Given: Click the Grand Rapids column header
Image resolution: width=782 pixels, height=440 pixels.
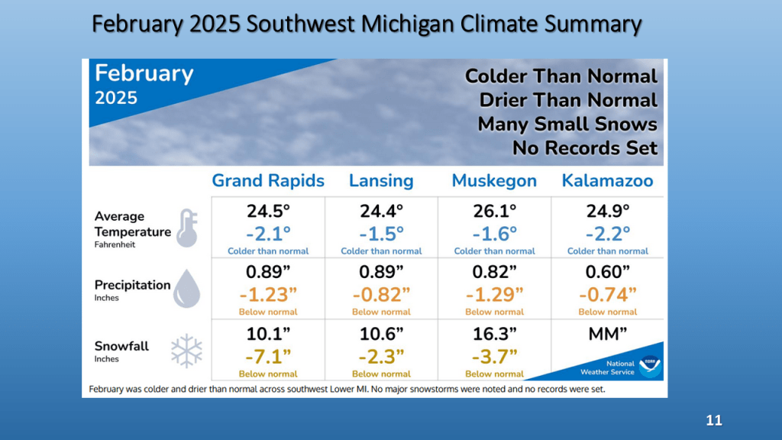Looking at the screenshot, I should [x=268, y=181].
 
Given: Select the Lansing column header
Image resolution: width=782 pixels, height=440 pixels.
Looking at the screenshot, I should [x=381, y=181].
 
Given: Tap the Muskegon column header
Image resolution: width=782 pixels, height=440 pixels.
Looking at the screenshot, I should [x=494, y=181].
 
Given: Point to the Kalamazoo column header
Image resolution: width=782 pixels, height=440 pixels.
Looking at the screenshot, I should [x=607, y=181].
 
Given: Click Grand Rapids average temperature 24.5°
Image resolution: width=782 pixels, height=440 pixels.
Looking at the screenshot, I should [x=268, y=211].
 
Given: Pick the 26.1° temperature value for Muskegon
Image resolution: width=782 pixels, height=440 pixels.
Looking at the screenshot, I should [x=494, y=211].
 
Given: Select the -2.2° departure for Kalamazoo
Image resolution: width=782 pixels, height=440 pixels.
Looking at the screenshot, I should [x=607, y=232].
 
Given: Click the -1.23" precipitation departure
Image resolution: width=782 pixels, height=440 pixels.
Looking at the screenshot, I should [x=268, y=294].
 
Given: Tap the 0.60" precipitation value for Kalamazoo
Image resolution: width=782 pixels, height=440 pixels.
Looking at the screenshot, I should [x=607, y=272].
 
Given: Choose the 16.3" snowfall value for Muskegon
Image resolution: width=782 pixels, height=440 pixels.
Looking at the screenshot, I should [x=494, y=335].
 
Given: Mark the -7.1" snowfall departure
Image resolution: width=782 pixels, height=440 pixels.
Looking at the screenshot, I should [x=268, y=356].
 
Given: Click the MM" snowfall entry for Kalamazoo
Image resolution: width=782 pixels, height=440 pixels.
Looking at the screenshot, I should [x=607, y=335].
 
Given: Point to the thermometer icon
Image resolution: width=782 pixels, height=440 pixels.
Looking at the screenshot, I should [x=187, y=228].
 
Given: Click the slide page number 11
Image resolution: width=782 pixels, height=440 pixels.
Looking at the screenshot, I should [x=713, y=421].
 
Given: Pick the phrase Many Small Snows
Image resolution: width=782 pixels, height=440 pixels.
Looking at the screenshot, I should [x=567, y=124].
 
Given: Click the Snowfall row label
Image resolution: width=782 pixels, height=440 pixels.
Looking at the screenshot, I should [x=122, y=346].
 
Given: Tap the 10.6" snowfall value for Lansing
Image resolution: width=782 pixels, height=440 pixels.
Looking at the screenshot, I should [x=381, y=335].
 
